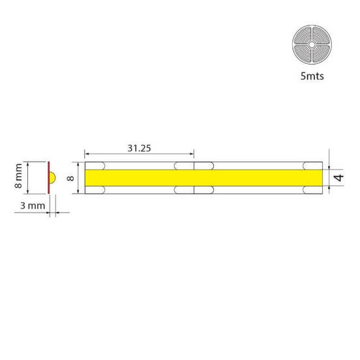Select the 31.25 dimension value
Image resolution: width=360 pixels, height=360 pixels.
tap(138, 148)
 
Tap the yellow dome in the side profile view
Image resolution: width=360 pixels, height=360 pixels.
tap(53, 177)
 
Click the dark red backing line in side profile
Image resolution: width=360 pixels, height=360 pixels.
tap(49, 177)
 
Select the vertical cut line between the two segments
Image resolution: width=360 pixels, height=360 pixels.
tap(195, 177)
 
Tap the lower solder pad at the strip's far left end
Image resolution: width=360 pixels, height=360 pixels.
tap(96, 190)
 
